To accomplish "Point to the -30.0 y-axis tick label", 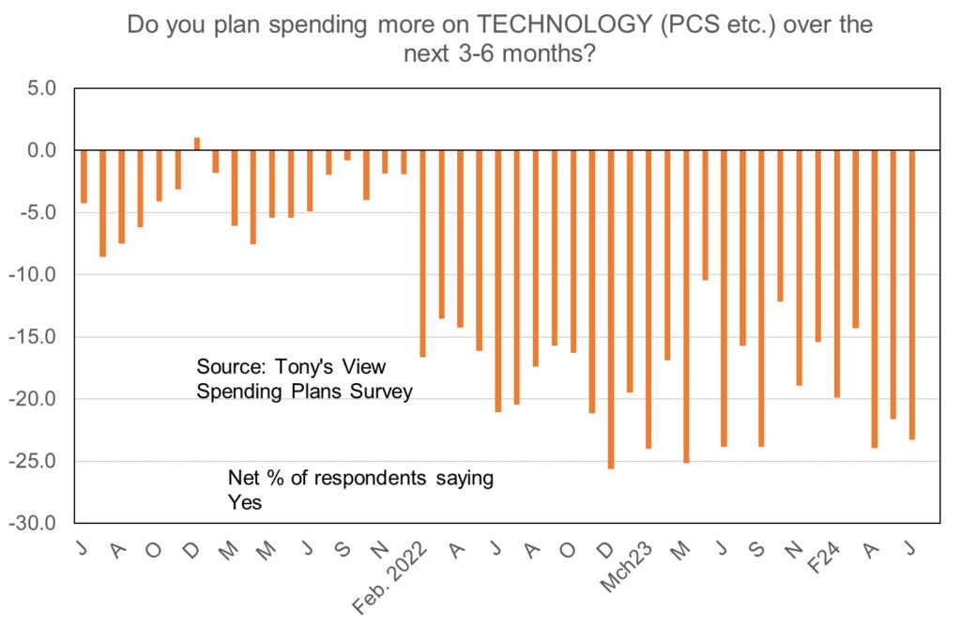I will [x=35, y=523].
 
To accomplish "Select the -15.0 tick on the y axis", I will [x=35, y=337].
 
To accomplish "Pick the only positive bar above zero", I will [x=197, y=144].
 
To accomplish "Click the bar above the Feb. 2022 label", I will [x=423, y=253].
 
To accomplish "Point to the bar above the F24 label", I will [x=836, y=273].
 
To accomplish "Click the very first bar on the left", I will [x=84, y=176].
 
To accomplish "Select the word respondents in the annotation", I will [x=366, y=478].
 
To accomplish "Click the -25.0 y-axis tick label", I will [x=35, y=461].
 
